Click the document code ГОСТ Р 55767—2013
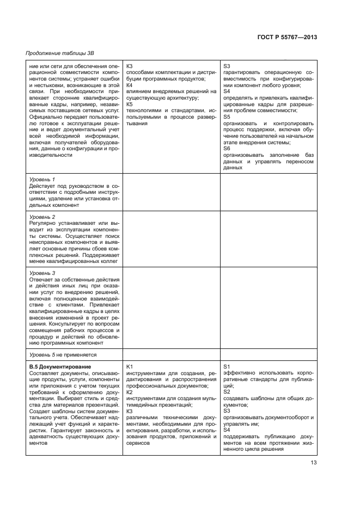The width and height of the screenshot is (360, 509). coord(288,37)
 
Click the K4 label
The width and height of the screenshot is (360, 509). coord(129,85)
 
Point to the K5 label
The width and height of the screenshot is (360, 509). coord(129,104)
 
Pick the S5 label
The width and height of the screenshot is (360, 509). coord(227,116)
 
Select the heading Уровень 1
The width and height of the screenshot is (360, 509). coord(42,179)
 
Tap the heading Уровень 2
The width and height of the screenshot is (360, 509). coord(42,217)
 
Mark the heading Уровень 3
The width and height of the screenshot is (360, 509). coord(42,273)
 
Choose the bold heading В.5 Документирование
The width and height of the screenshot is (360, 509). coord(59,366)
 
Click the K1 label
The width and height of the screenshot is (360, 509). coord(129,366)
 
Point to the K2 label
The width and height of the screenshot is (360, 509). coord(129,392)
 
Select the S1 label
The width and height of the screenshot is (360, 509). coord(227,366)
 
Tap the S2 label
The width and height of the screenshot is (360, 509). coord(227,392)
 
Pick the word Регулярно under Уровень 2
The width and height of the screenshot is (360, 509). coord(42,223)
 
